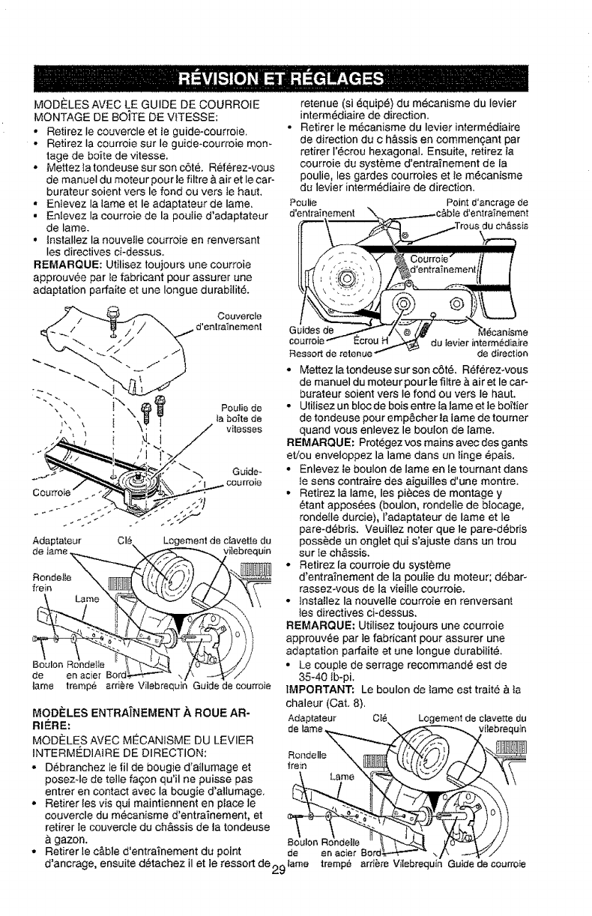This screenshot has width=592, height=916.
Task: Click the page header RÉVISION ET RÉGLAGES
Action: pyautogui.click(x=295, y=77)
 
